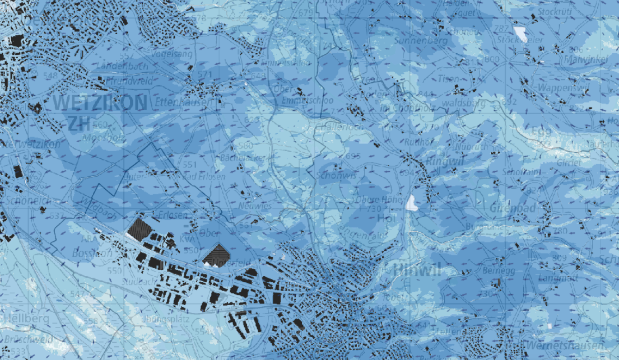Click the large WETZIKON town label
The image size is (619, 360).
pos(100,102)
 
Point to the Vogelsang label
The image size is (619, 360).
pos(172,54)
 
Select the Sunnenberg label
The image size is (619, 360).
pos(420,41)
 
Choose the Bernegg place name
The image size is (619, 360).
pos(495,270)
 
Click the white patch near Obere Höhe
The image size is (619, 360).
pos(412,203)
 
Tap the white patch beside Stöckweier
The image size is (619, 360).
pos(520,34)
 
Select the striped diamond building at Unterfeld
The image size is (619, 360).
pos(215,255)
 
